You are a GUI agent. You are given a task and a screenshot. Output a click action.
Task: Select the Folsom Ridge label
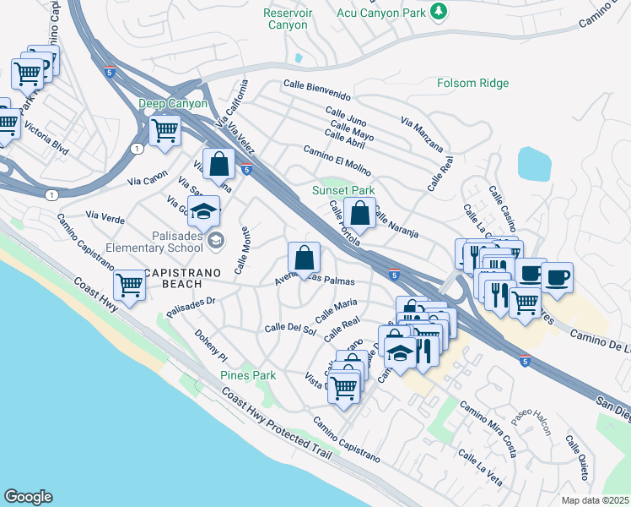[472, 83]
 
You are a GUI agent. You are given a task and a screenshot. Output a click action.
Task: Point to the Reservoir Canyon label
[288, 19]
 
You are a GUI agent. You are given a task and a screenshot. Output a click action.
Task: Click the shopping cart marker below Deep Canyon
[164, 130]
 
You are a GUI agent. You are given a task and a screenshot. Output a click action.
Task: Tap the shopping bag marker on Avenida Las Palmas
[304, 258]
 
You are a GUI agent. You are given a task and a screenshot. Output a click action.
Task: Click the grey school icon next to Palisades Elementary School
[216, 242]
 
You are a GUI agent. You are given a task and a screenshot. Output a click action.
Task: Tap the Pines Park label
[248, 375]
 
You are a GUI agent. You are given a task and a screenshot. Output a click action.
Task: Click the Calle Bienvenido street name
[316, 85]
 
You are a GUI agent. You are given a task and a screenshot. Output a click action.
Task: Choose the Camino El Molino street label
[337, 161]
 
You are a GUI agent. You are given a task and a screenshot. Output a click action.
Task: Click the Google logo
[28, 497]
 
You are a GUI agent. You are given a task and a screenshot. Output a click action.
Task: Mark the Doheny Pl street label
[208, 344]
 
